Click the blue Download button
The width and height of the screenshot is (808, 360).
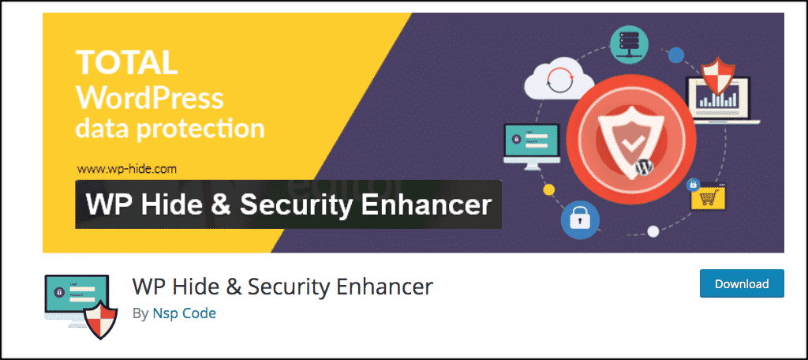[741, 283]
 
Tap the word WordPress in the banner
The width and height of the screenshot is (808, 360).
[149, 98]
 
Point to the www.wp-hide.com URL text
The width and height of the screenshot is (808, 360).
[126, 168]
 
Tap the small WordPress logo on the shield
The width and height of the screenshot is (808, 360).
[642, 168]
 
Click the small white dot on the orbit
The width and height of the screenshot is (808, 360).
[653, 231]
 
